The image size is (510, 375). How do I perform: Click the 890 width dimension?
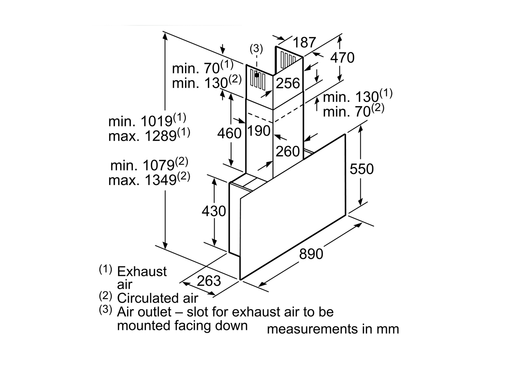tap(311, 254)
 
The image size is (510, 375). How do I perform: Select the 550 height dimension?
tap(361, 169)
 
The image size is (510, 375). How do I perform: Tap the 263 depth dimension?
tap(209, 281)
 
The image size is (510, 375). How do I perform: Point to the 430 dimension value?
tap(214, 211)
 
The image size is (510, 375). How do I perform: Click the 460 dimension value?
tap(229, 133)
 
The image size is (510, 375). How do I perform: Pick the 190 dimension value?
tap(259, 131)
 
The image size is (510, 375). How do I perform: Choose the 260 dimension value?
tap(287, 152)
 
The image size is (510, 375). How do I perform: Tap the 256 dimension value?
tap(288, 83)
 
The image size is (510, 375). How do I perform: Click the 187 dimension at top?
tap(304, 42)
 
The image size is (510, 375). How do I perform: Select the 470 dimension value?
tap(342, 57)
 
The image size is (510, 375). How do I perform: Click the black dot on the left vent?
tap(256, 75)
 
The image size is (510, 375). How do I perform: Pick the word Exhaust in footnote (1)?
tap(142, 271)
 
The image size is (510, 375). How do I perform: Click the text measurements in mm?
tap(333, 329)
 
